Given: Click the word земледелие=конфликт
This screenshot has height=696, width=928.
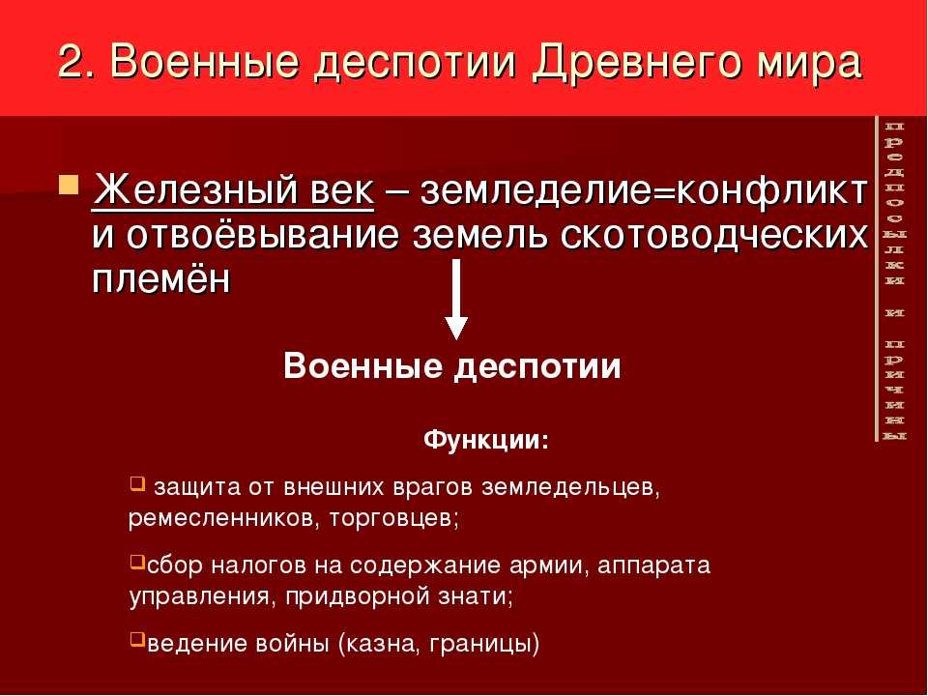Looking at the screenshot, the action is (644, 191).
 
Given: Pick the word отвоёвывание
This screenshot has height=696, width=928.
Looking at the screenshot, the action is (263, 234).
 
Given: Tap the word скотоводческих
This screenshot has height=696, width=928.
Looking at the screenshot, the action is (713, 235).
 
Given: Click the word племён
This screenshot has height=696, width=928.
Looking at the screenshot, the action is (161, 277).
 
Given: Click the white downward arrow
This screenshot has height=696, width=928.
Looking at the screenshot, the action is (455, 300).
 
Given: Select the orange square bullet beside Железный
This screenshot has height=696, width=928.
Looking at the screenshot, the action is (70, 185).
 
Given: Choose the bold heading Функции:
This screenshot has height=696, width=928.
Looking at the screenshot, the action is (486, 440).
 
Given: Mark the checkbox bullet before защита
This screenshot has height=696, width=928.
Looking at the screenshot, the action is (136, 484).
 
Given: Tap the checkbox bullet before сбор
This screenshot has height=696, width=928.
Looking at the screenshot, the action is (136, 561).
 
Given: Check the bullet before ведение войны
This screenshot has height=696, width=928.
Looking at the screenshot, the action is (136, 639).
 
